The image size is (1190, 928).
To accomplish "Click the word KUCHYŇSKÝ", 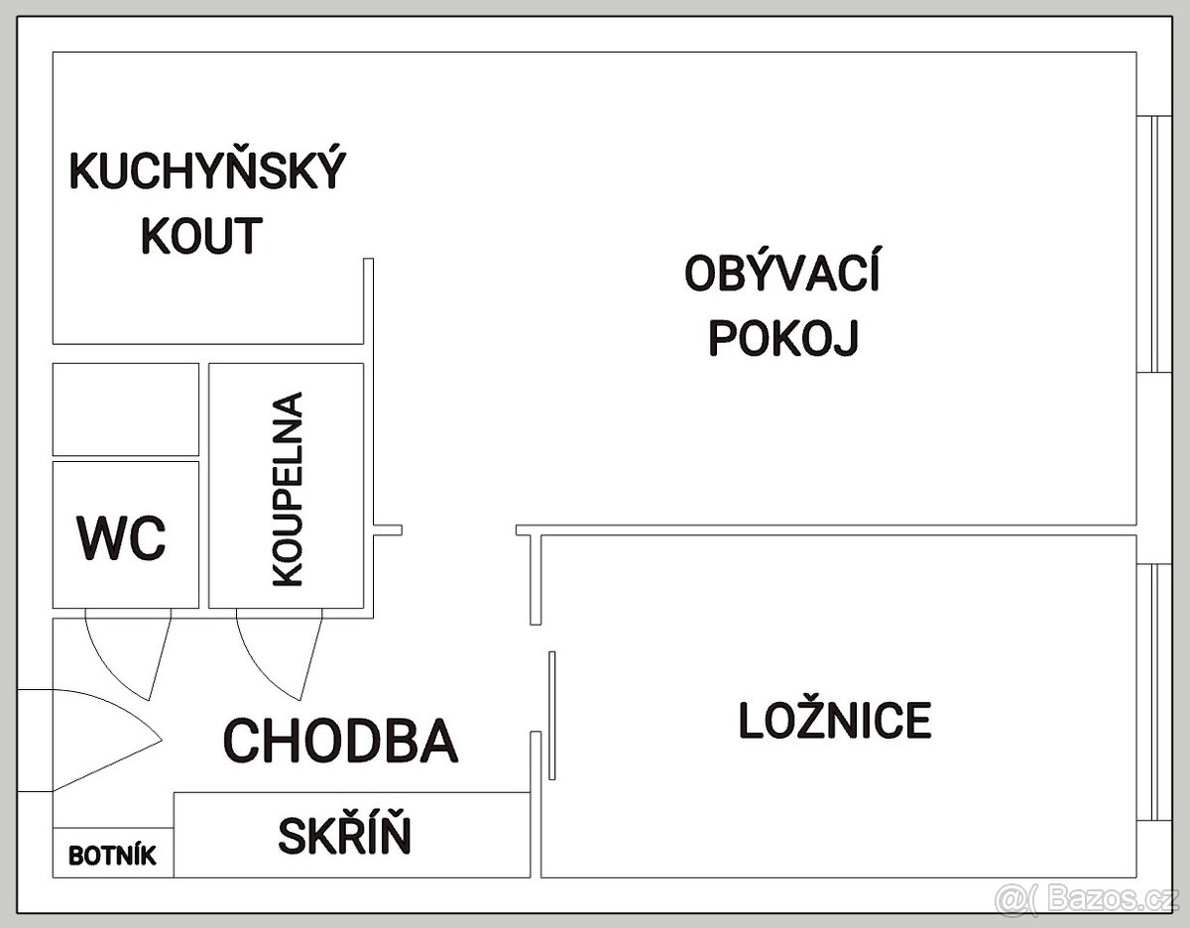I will [207, 171].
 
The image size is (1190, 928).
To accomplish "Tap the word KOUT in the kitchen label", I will [202, 235].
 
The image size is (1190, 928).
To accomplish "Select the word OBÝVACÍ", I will [782, 274].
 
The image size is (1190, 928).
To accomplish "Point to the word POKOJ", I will [782, 337].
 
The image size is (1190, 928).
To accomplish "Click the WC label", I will [122, 538].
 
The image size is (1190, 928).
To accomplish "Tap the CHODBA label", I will [341, 740].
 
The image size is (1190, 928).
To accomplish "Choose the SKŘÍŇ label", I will [343, 836].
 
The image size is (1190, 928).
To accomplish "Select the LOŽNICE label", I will [835, 720].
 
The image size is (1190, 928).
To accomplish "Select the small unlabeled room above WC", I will [125, 408].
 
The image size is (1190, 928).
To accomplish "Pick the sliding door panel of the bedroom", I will [551, 715].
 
